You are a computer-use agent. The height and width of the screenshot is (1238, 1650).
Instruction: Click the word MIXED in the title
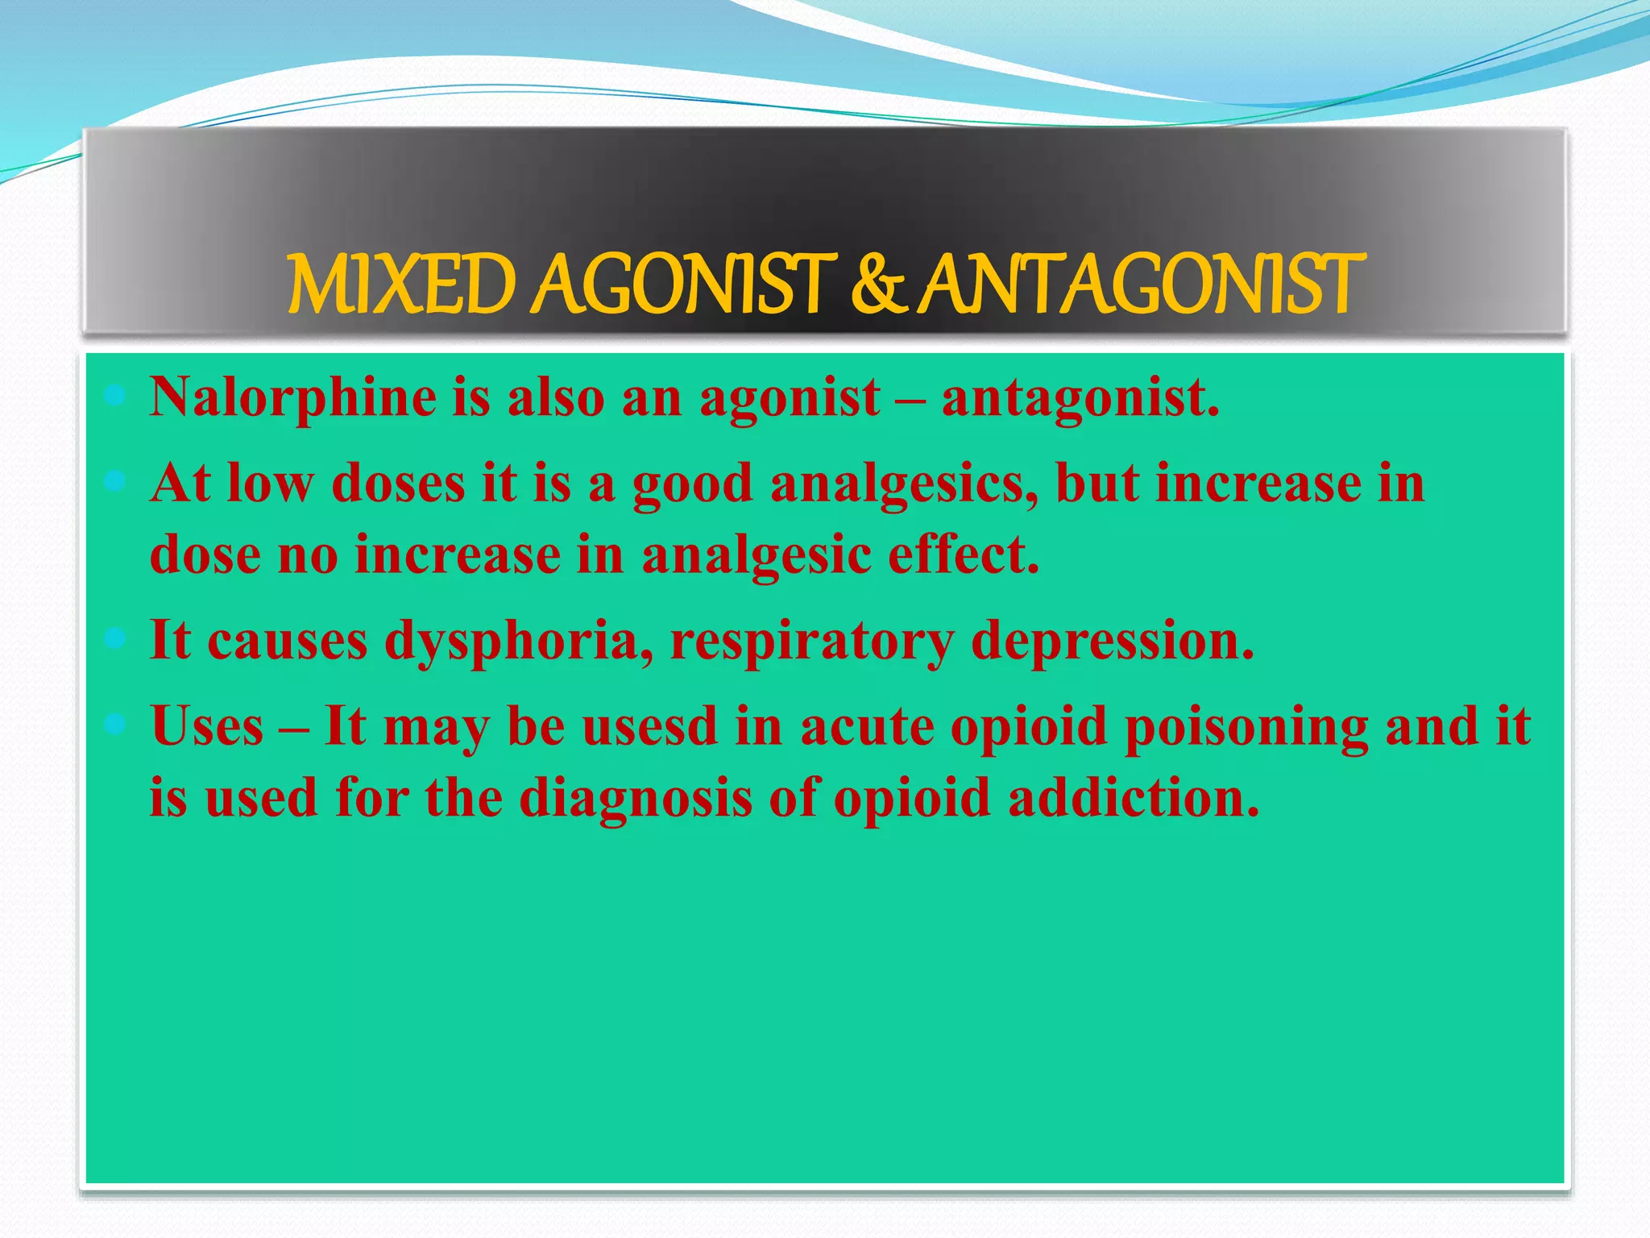pyautogui.click(x=400, y=285)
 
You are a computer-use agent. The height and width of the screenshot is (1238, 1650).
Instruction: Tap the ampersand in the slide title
pyautogui.click(x=876, y=285)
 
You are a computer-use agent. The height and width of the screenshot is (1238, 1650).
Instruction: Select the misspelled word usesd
pyautogui.click(x=649, y=726)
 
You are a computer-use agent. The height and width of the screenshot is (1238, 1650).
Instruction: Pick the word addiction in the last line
pyautogui.click(x=1133, y=797)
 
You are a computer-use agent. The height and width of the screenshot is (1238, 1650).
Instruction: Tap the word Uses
pyautogui.click(x=207, y=726)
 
